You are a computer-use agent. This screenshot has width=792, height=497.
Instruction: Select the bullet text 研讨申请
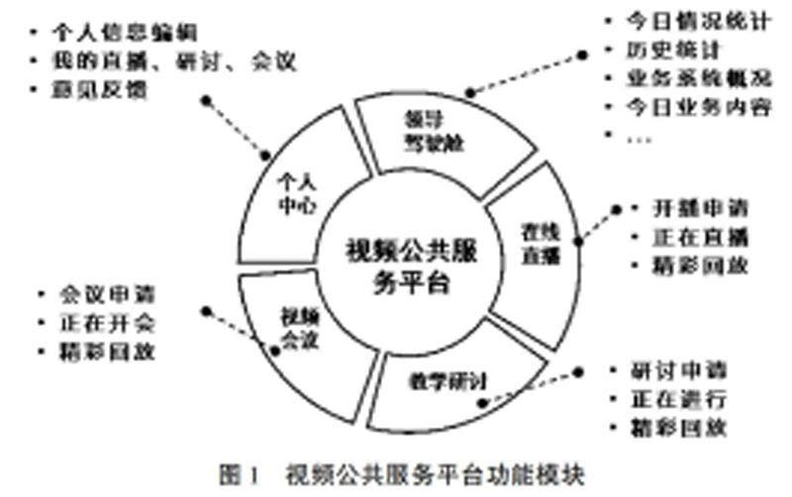pyautogui.click(x=679, y=373)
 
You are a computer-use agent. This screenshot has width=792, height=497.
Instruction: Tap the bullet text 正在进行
pyautogui.click(x=679, y=401)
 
